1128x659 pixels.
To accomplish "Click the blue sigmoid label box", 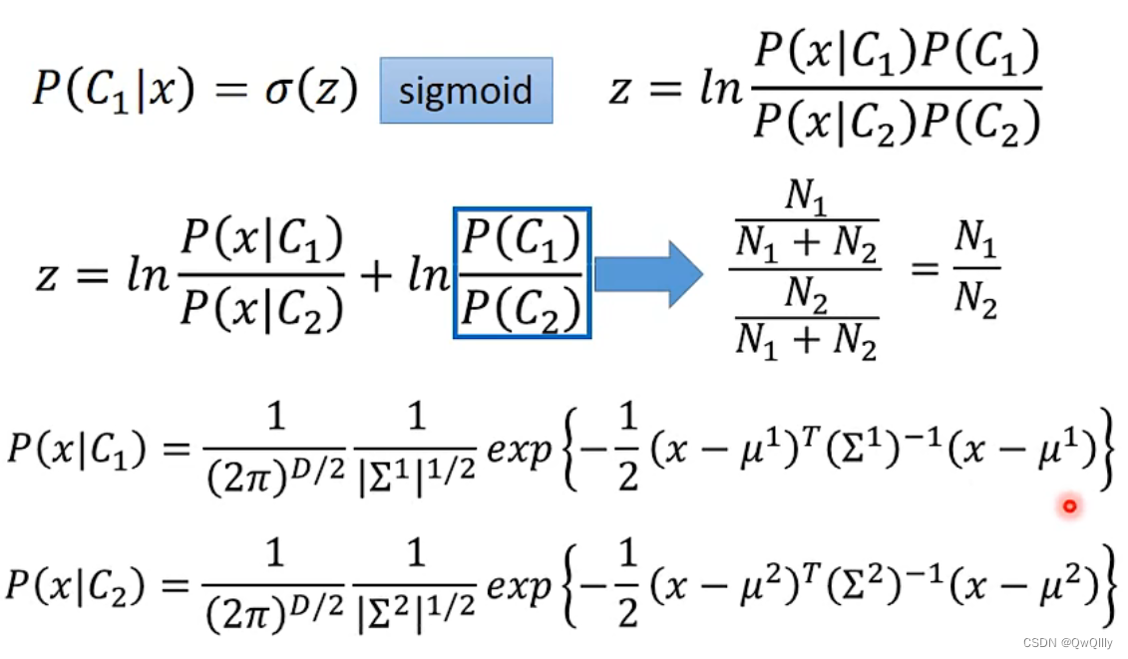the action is coord(466,91).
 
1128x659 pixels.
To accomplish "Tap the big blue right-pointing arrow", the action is coord(648,272).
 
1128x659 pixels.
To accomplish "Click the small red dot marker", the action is coord(1069,506).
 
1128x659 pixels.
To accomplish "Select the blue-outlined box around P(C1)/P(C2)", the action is coord(523,272).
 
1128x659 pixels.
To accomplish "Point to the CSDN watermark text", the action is coord(1068,643).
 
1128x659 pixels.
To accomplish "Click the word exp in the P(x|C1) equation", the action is coord(519,451).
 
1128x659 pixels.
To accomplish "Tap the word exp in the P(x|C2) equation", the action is coord(519,586).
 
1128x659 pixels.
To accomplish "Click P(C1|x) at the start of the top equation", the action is coord(110,91).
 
